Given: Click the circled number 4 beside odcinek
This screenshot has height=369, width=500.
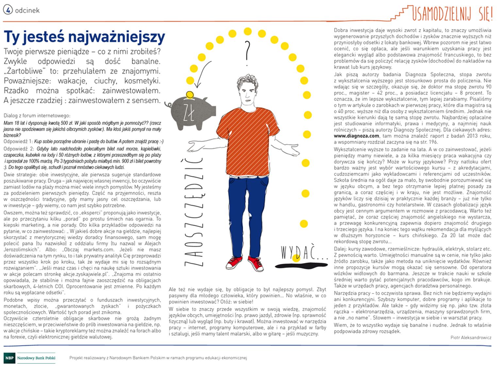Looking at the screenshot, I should (x=8, y=10).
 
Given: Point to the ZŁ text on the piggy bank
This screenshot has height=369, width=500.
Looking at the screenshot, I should (x=189, y=113).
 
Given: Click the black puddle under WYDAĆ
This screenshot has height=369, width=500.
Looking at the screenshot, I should (x=300, y=264).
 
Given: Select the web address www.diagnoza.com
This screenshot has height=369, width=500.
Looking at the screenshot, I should (x=356, y=136).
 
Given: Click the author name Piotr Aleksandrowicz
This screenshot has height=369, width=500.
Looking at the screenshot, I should (x=471, y=338).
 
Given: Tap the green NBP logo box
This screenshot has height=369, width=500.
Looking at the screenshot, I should (x=9, y=358).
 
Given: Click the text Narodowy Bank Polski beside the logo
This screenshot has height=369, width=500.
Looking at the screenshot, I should (x=36, y=358).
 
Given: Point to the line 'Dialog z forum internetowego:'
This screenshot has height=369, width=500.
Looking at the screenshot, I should (x=37, y=115).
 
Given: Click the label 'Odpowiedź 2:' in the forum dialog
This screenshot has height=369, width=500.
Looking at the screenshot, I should (x=18, y=149).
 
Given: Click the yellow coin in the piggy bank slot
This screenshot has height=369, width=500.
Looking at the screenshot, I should (x=189, y=95).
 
